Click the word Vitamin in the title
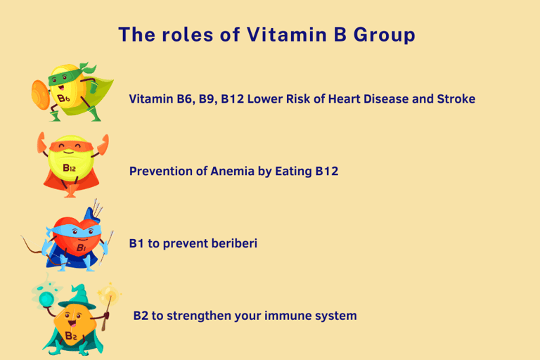coord(287,34)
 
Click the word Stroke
coord(456,99)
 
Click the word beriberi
coord(234,243)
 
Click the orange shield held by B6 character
coord(41,95)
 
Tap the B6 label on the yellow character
coord(63,99)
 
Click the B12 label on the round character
coord(69,168)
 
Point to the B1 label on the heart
coord(82,247)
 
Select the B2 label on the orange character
coord(71,335)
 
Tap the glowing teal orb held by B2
coord(46,298)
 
